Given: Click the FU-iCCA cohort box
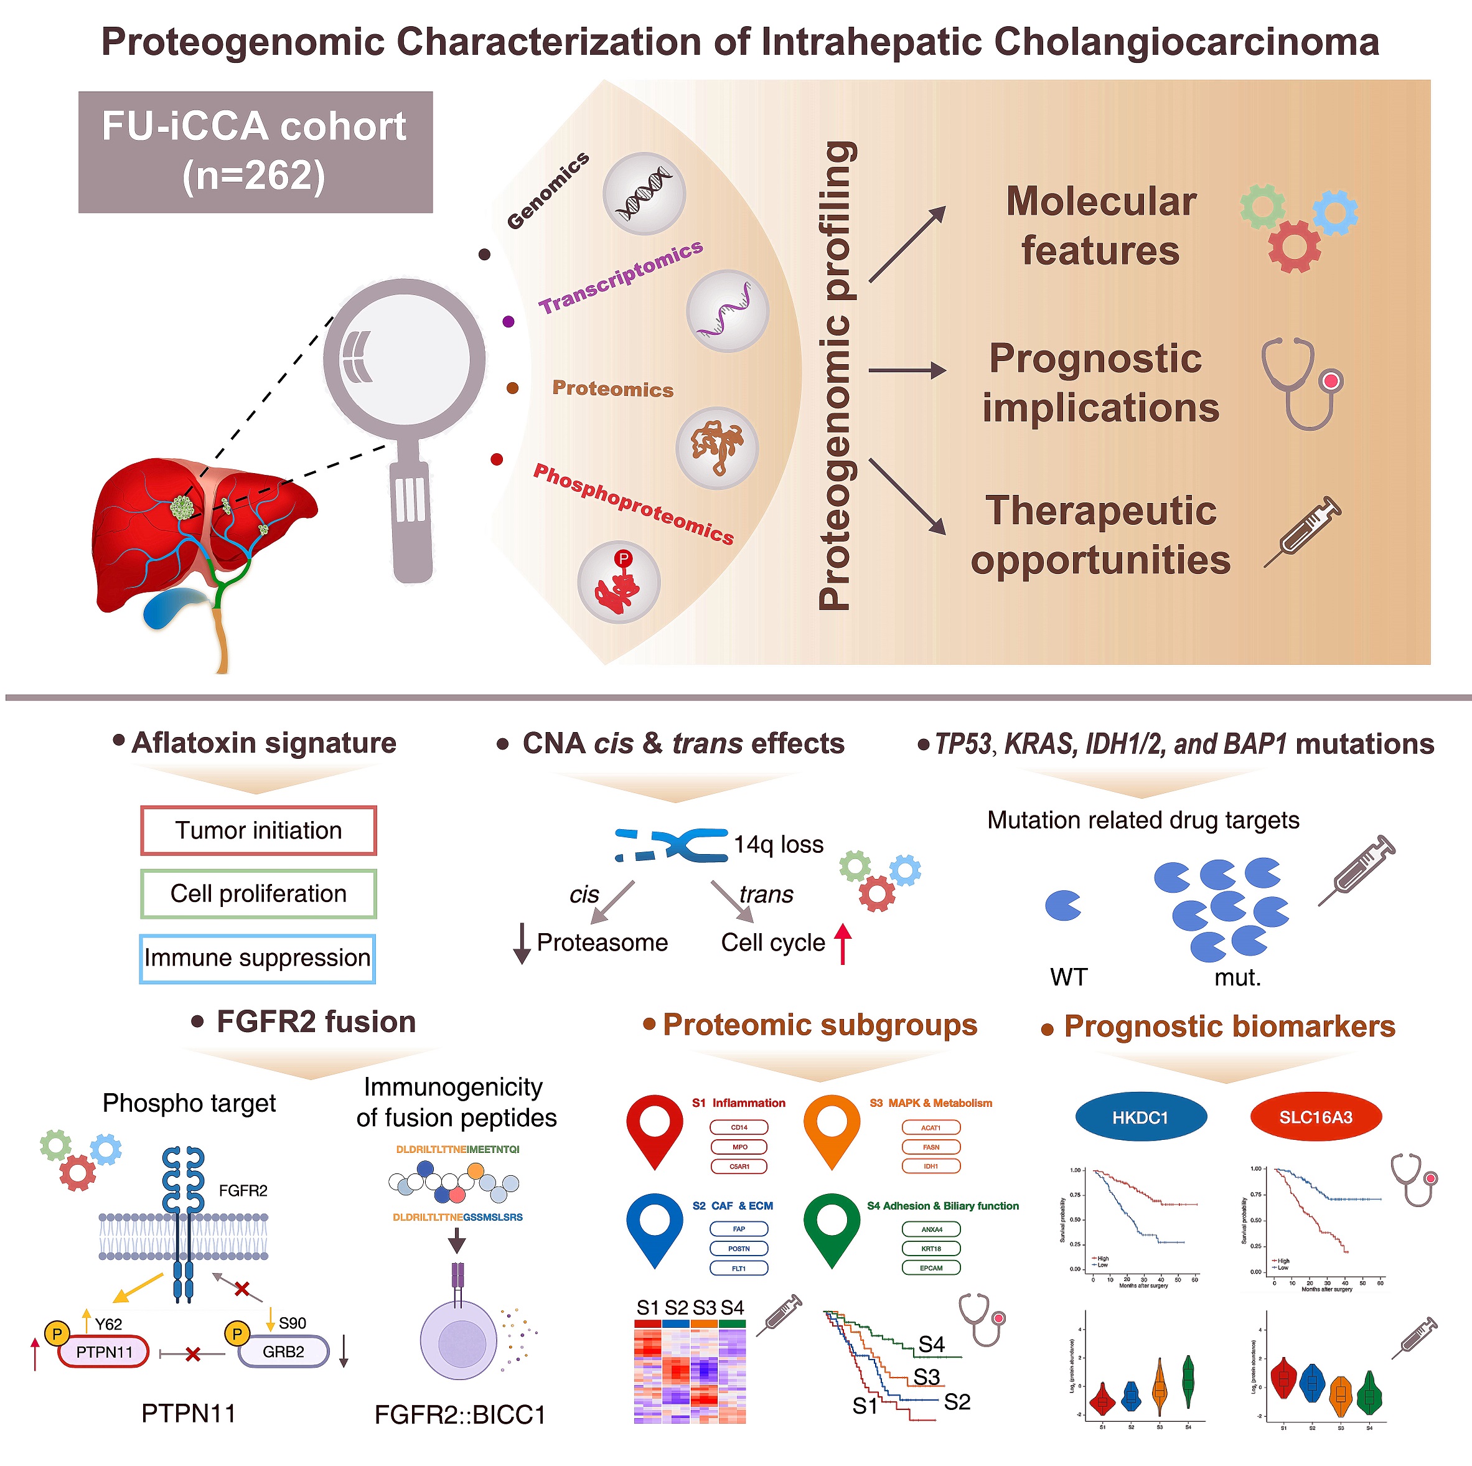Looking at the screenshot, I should pyautogui.click(x=255, y=152).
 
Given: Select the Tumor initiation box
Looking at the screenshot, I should pyautogui.click(x=258, y=830).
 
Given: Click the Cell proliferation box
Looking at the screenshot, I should pyautogui.click(x=258, y=893).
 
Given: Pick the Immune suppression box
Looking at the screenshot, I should pyautogui.click(x=258, y=958).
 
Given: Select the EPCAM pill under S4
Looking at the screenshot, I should pyautogui.click(x=931, y=1268).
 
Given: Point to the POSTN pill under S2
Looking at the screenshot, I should pyautogui.click(x=738, y=1248).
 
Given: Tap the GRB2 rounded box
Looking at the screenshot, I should pyautogui.click(x=283, y=1351).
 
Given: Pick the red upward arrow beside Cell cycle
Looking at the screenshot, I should pyautogui.click(x=842, y=942).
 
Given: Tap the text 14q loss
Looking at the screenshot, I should pyautogui.click(x=778, y=844).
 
